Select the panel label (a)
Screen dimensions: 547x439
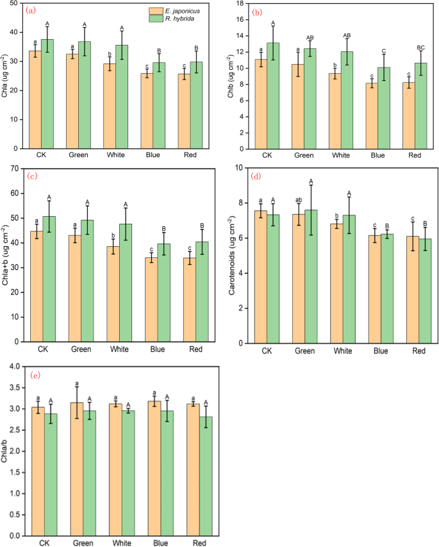[30, 10]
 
